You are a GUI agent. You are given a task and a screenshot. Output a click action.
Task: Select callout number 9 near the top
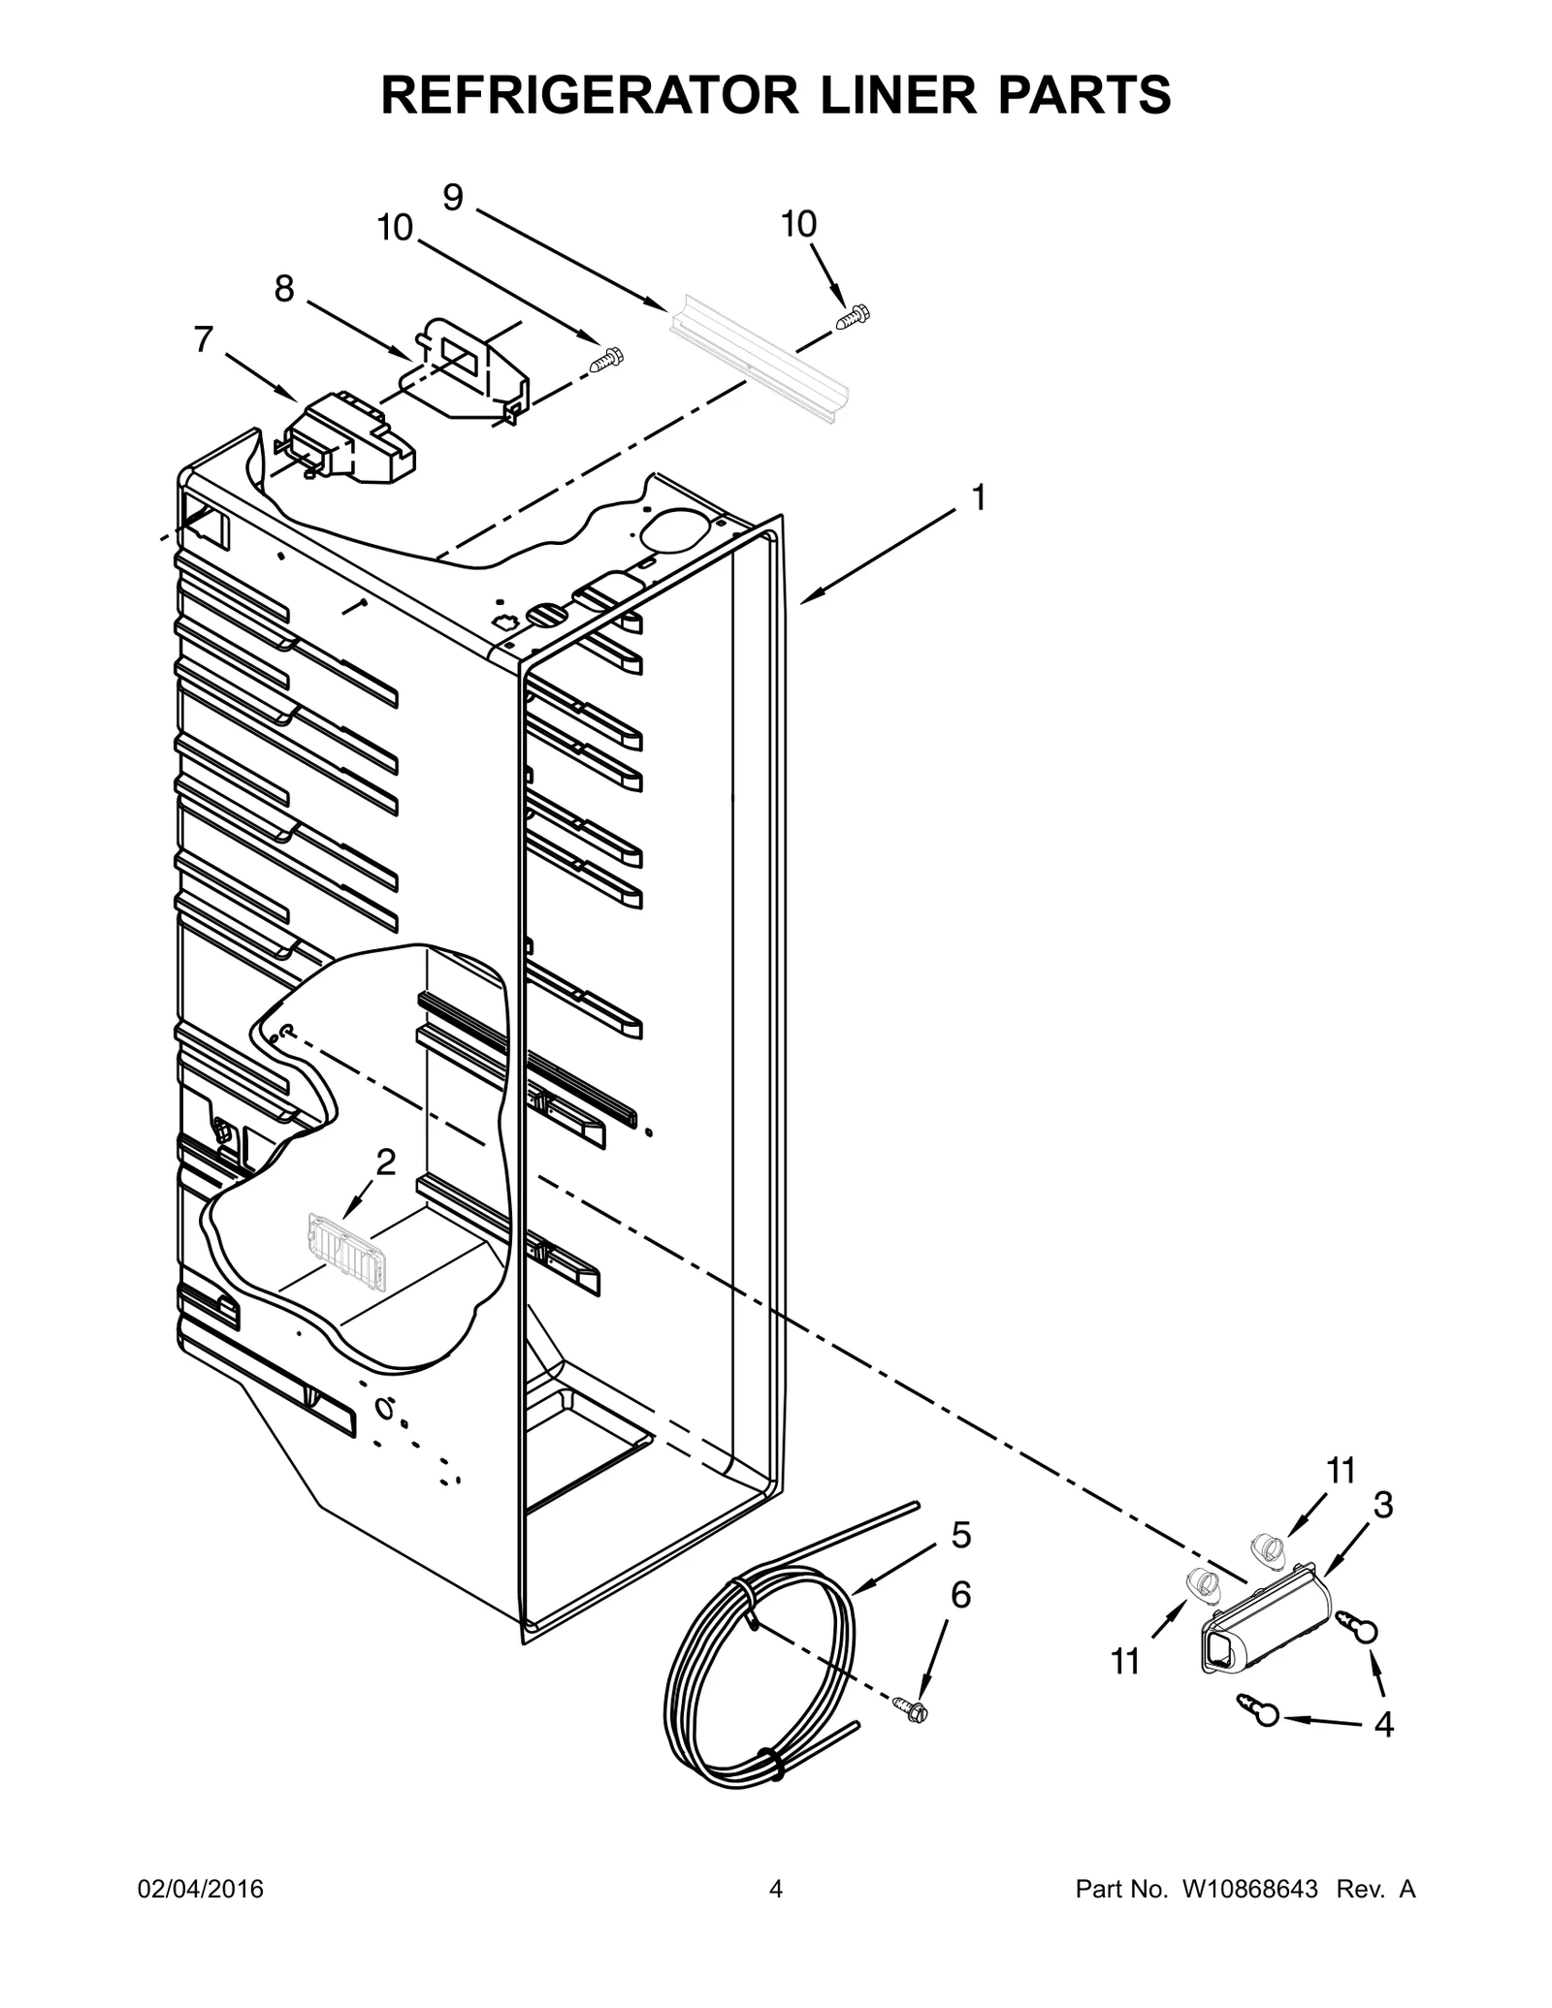[453, 198]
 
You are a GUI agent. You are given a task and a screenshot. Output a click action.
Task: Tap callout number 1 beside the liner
[979, 498]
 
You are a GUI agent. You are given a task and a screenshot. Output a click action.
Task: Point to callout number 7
[203, 339]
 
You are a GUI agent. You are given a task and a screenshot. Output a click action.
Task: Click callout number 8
[283, 288]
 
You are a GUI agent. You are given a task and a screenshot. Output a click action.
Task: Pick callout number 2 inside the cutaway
[385, 1163]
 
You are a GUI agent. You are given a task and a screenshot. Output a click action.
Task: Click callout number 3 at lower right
[1383, 1506]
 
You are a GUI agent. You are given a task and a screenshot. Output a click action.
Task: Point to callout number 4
[1384, 1725]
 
